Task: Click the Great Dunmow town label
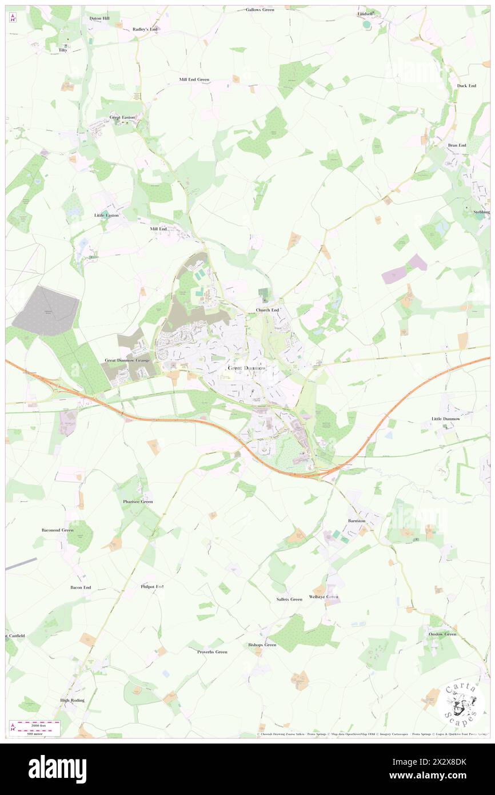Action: point(247,368)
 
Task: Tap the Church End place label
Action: point(267,310)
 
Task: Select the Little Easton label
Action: point(107,215)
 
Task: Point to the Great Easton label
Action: point(122,117)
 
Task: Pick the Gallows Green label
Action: point(260,10)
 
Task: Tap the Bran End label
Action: point(457,145)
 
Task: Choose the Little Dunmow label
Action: point(445,419)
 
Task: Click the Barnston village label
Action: point(356,521)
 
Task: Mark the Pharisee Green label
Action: point(138,502)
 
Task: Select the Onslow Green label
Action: point(442,634)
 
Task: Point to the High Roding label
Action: point(73,700)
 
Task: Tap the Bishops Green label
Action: point(262,645)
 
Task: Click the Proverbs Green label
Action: point(212,652)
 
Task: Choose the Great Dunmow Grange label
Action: point(127,361)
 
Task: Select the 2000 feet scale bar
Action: point(35,722)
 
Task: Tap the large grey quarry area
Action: point(46,311)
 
